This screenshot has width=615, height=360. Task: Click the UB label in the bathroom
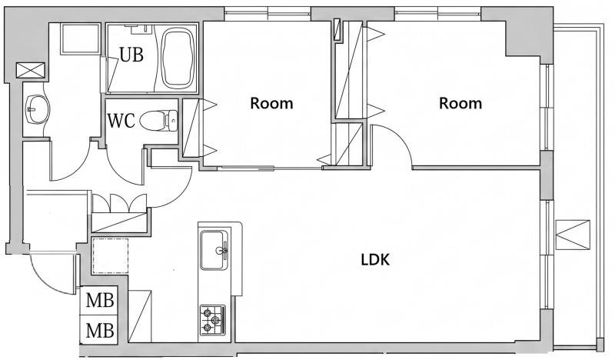131,55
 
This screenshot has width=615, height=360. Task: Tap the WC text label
121,121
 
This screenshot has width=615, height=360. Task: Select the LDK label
375,259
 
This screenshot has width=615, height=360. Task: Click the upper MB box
100,301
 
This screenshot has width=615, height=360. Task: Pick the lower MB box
100,330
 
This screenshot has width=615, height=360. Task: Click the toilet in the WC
159,121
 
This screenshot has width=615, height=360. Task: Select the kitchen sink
214,250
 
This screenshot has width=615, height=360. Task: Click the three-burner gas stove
212,320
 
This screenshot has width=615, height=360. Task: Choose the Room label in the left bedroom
271,103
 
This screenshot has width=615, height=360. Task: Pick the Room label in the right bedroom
460,103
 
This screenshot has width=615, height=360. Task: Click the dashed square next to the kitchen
110,255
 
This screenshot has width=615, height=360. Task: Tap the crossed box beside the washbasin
31,71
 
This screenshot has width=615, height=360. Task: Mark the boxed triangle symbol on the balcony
573,235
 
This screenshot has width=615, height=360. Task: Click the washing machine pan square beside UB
81,38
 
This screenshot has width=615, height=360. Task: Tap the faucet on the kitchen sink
223,250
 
